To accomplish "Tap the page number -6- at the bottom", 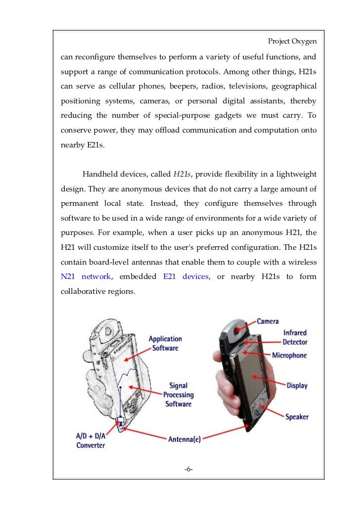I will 188,468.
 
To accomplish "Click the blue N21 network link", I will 86,277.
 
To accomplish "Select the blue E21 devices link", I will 185,277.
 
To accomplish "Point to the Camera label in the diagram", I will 268,321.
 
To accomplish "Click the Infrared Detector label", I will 295,337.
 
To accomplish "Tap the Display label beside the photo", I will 297,385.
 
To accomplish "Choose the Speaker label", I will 297,417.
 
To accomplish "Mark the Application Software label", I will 165,343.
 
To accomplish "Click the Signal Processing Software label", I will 178,394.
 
